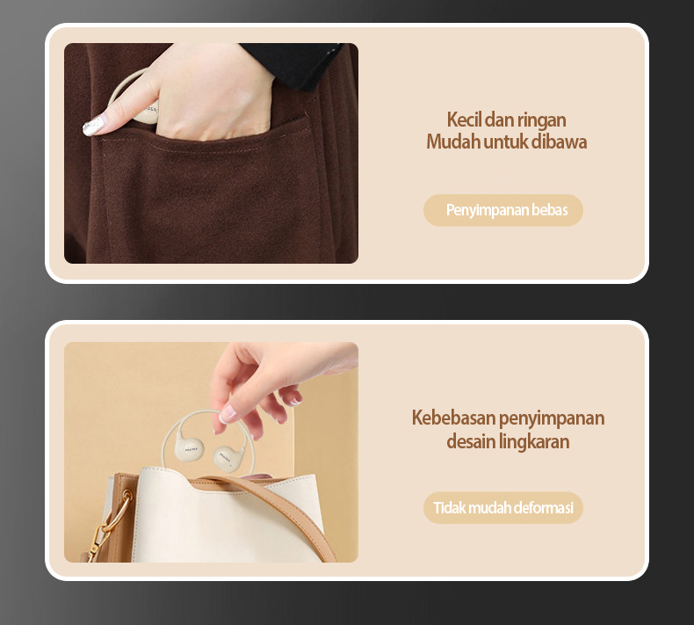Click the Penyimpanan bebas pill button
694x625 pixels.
(x=503, y=210)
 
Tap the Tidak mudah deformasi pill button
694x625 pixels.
(x=503, y=507)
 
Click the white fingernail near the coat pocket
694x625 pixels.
(x=93, y=126)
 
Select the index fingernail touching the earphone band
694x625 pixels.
(x=228, y=414)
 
